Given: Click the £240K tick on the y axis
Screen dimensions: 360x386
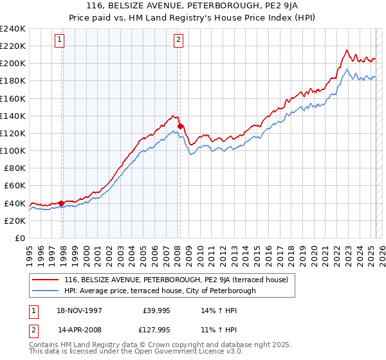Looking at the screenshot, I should (13, 29).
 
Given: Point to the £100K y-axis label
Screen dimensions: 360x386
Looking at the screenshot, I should (13, 150).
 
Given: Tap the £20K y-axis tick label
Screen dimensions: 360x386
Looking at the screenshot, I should (15, 220).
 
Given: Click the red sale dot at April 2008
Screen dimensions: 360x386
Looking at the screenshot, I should (181, 126).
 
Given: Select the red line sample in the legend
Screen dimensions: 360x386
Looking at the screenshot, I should (46, 280).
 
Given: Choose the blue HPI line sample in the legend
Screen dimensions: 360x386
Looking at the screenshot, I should (46, 291).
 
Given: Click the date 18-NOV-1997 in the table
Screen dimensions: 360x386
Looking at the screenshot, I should (80, 310).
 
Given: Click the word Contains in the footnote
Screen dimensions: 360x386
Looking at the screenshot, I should (44, 346).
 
